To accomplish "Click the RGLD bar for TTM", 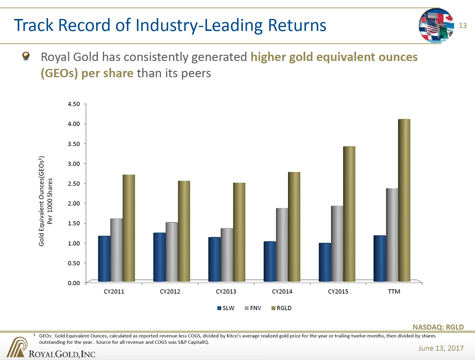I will click(404, 200).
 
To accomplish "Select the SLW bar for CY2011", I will click(104, 259).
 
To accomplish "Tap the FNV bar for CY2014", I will click(282, 245).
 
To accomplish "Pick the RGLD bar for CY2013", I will click(239, 232).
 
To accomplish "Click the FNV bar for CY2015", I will click(337, 243).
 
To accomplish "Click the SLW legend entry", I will click(226, 308).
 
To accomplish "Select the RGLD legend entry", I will click(281, 308).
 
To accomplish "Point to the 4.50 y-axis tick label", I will click(74, 104).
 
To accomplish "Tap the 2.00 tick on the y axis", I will click(74, 203).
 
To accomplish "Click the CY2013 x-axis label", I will click(226, 291).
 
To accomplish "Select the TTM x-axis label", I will click(394, 291).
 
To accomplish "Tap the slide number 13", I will click(463, 26).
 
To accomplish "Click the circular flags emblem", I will click(436, 26).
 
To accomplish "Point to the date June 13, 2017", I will click(441, 348).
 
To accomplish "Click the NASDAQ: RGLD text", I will click(438, 327).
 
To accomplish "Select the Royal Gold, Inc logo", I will click(51, 349).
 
